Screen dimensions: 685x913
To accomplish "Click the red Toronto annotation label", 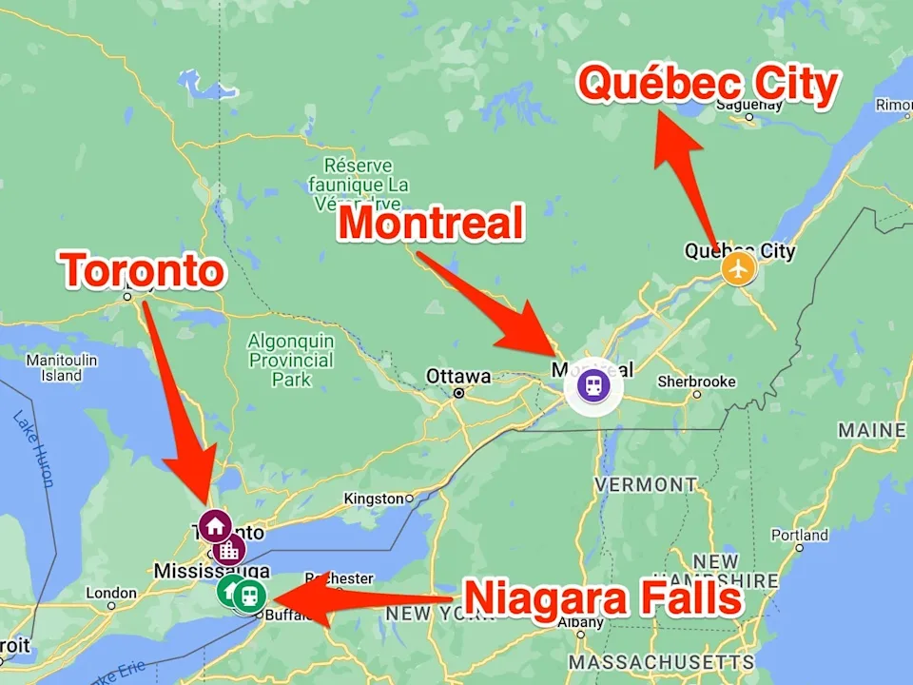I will pyautogui.click(x=144, y=272).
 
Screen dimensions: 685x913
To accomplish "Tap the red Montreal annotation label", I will pyautogui.click(x=432, y=225).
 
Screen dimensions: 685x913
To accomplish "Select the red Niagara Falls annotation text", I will pyautogui.click(x=603, y=599).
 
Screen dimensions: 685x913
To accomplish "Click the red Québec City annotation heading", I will pyautogui.click(x=709, y=86).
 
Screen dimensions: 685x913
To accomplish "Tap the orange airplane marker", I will pyautogui.click(x=738, y=268).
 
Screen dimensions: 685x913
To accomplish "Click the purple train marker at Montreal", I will pyautogui.click(x=593, y=386).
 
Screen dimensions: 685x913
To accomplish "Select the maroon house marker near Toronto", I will pyautogui.click(x=215, y=525).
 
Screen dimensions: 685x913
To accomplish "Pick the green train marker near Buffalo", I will pyautogui.click(x=249, y=596).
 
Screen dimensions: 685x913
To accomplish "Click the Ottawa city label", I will pyautogui.click(x=458, y=376).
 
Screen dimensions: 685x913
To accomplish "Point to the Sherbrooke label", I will pyautogui.click(x=697, y=382).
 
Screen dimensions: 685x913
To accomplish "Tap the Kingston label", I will pyautogui.click(x=374, y=499).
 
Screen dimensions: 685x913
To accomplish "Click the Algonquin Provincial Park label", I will pyautogui.click(x=291, y=361).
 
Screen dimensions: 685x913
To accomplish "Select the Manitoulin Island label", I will pyautogui.click(x=61, y=368).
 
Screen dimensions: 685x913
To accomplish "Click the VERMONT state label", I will pyautogui.click(x=646, y=484).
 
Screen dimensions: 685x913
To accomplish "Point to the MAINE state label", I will pyautogui.click(x=871, y=431).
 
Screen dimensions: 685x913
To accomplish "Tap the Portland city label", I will pyautogui.click(x=799, y=536).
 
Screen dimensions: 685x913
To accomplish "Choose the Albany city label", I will pyautogui.click(x=579, y=623).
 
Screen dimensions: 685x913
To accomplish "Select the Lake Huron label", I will pyautogui.click(x=34, y=447).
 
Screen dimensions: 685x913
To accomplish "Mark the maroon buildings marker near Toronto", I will pyautogui.click(x=229, y=549).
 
